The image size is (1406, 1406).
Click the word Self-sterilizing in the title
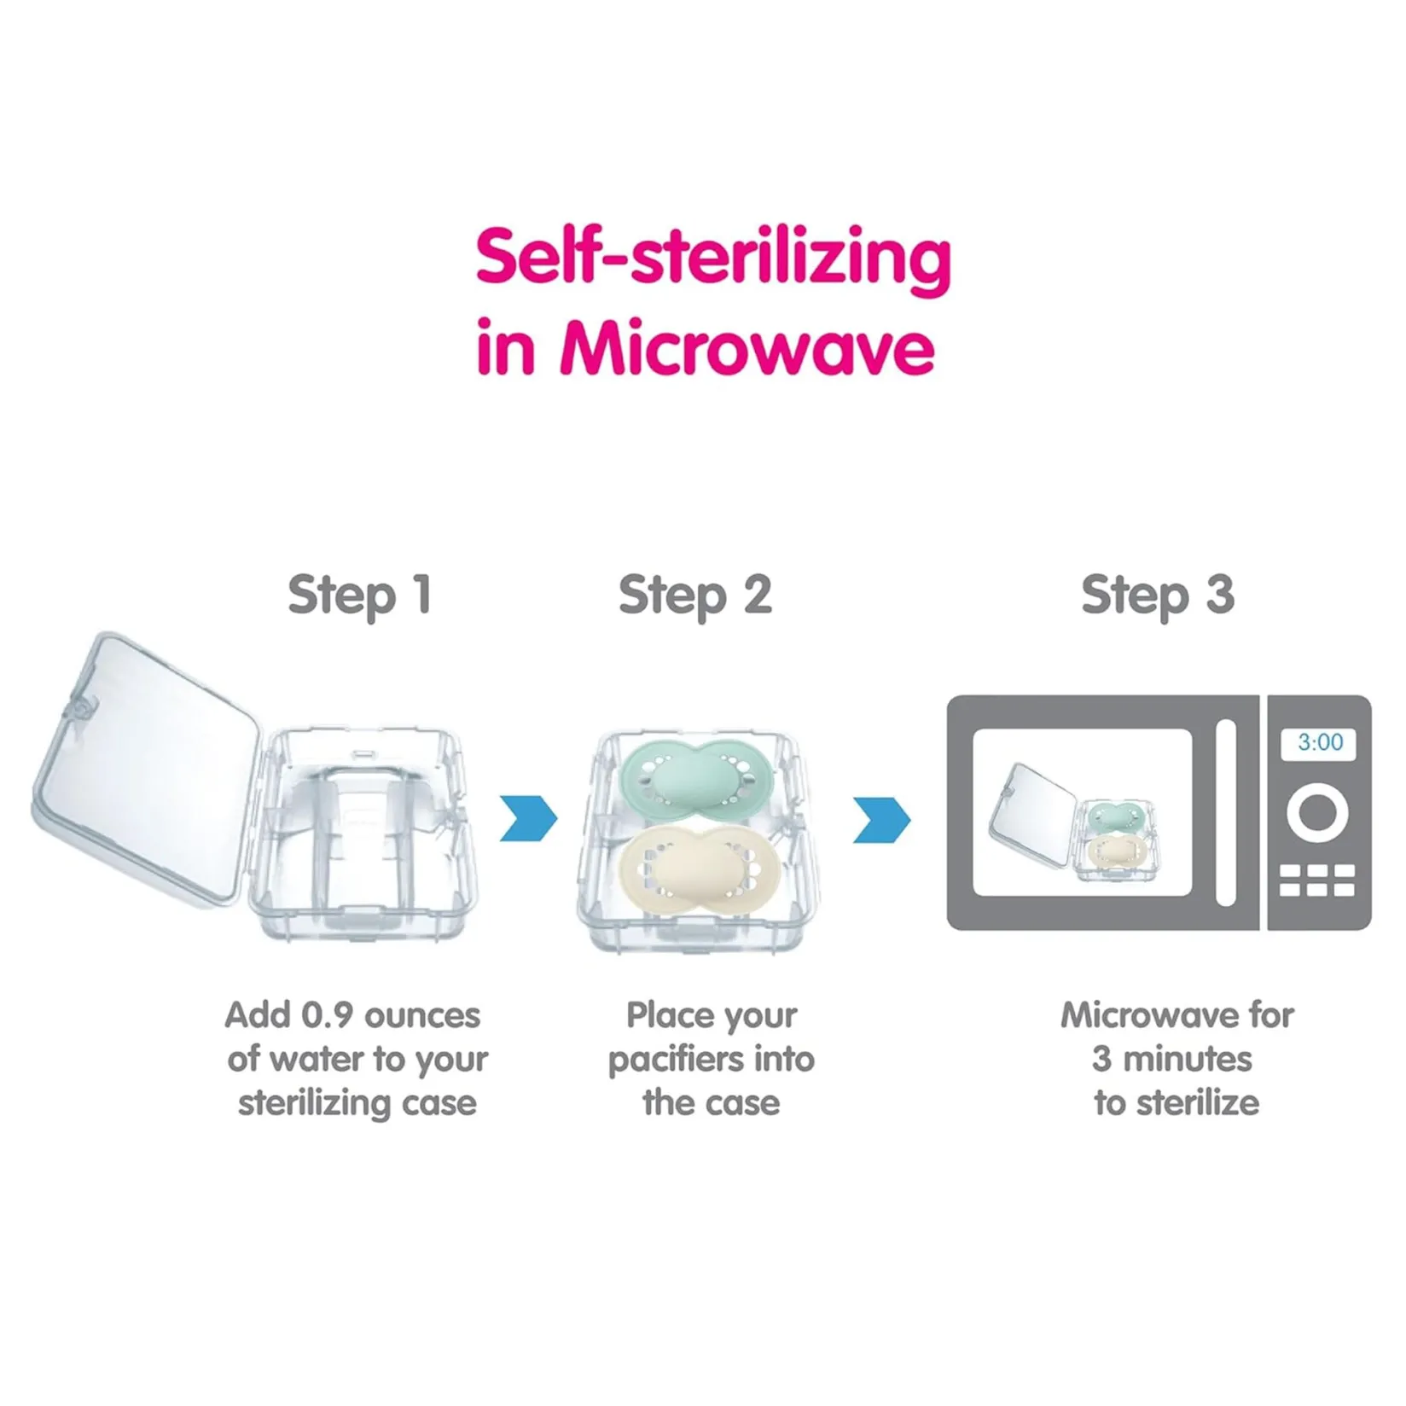713,259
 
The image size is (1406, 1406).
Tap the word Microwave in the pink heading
747,347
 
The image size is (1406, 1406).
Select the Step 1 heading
359,596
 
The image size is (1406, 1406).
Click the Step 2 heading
695,596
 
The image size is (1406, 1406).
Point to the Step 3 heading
1158,596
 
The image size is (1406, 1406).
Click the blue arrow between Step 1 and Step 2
528,819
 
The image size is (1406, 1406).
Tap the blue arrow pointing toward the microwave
882,819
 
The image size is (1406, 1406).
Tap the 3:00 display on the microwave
1320,742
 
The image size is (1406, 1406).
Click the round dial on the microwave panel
1318,812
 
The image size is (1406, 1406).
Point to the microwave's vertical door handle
1225,812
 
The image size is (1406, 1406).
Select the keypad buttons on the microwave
1318,880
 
